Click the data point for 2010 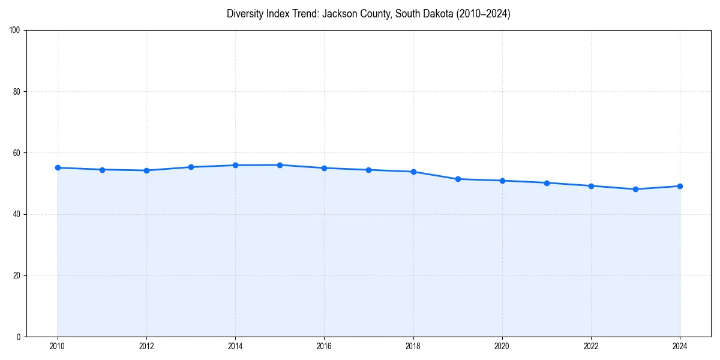coord(58,168)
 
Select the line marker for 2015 coord(280,165)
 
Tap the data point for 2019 coord(458,179)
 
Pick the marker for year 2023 coord(635,190)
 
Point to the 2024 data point coord(680,186)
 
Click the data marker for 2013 coord(191,167)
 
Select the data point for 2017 coord(369,170)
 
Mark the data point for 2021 coord(547,183)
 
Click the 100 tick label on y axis coord(15,31)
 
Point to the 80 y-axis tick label coord(17,92)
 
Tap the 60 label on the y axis coord(17,153)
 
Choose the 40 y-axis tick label coord(17,214)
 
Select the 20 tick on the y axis coord(17,275)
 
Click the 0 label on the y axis coord(19,337)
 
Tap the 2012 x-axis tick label coord(146,346)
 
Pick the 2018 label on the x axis coord(413,346)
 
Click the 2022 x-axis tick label coord(591,346)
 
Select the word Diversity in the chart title coord(244,14)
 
